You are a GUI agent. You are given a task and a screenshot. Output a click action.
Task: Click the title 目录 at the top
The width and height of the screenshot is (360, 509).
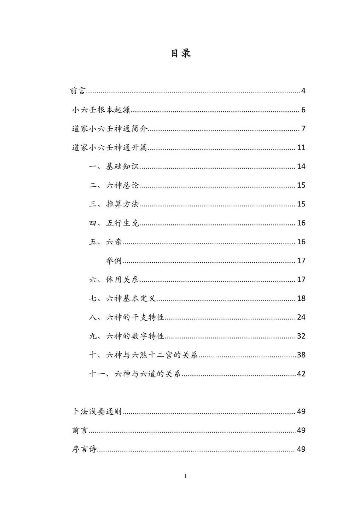[181, 53]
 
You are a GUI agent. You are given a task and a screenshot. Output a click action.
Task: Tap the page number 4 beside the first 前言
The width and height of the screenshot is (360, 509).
[303, 91]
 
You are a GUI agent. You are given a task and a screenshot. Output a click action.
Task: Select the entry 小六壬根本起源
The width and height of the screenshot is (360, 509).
[101, 110]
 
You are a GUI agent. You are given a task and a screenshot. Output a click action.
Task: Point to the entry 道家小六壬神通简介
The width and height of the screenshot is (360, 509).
[110, 129]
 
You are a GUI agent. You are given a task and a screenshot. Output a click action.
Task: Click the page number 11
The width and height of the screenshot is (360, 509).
[301, 148]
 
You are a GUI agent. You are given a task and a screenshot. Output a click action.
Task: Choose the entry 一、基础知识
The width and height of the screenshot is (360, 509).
[114, 166]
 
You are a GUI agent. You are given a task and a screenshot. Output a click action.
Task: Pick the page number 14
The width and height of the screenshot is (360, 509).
[301, 166]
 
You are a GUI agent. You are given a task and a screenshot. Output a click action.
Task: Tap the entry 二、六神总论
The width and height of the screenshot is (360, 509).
[114, 185]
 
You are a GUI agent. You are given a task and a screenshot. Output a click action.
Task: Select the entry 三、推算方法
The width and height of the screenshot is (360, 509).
[114, 204]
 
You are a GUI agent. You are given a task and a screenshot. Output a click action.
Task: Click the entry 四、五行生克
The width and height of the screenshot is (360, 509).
[114, 223]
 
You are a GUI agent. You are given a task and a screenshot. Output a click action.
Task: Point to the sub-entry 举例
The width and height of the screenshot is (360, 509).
[114, 261]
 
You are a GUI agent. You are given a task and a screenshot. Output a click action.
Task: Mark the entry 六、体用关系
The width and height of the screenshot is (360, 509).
[114, 280]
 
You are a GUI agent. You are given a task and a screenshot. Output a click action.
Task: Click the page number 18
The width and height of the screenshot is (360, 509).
[301, 299]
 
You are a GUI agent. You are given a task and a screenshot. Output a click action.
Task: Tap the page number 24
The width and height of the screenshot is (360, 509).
[301, 317]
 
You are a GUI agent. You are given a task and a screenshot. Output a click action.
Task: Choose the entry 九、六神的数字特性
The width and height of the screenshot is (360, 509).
[127, 336]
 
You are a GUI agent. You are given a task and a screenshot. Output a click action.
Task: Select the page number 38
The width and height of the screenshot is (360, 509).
[301, 355]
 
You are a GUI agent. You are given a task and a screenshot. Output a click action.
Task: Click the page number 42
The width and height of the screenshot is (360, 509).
[301, 374]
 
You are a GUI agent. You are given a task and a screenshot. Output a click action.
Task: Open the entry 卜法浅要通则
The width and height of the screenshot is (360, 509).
[97, 412]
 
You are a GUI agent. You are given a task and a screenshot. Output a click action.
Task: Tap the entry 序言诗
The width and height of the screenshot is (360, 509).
[84, 449]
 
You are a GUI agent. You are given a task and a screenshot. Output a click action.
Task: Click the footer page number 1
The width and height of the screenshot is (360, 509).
[185, 476]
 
